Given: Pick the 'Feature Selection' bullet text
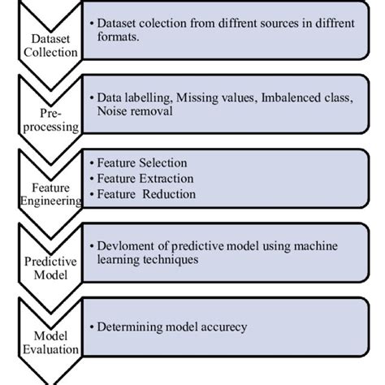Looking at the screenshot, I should tap(141, 163).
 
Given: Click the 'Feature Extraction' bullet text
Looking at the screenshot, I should tap(144, 179).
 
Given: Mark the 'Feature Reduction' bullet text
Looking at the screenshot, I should tap(143, 194).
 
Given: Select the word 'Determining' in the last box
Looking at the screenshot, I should tap(131, 327).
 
